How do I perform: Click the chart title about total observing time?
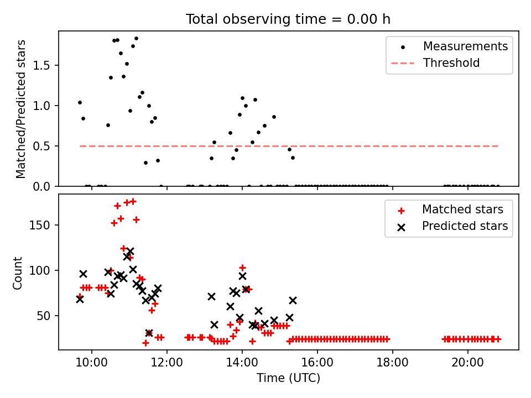click(x=288, y=19)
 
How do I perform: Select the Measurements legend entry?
click(x=465, y=46)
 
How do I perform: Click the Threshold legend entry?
click(x=451, y=63)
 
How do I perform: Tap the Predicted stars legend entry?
click(x=465, y=226)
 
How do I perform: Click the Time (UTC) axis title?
click(x=288, y=379)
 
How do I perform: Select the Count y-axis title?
click(x=18, y=273)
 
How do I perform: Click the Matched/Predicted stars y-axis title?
click(x=21, y=109)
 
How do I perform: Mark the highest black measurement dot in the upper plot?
click(x=136, y=39)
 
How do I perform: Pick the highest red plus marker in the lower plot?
click(x=133, y=201)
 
